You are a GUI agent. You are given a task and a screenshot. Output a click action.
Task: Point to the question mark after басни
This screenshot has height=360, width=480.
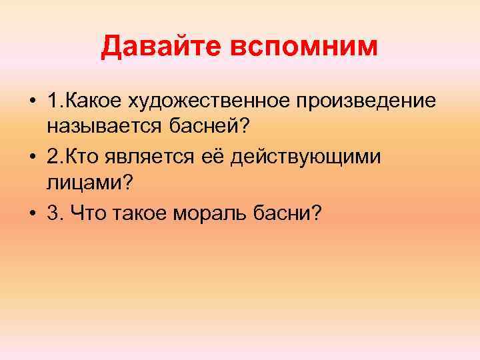(317, 214)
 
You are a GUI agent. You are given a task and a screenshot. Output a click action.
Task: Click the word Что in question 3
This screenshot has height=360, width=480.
(90, 214)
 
